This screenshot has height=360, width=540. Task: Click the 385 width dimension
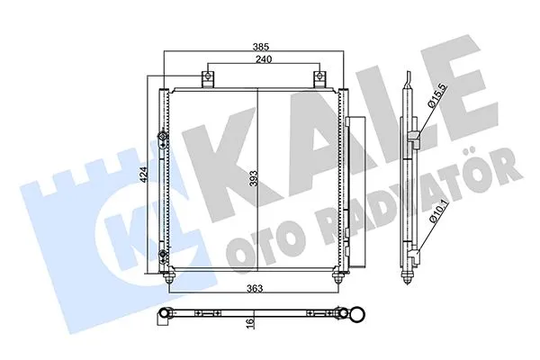261,47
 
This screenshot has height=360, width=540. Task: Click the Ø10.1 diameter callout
435,213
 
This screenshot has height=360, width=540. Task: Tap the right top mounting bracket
318,78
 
